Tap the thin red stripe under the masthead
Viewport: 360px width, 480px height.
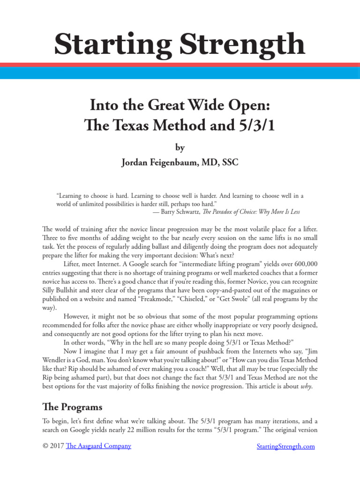point(180,65)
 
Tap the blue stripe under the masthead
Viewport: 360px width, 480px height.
point(180,73)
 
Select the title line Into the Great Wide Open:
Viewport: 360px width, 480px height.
point(180,105)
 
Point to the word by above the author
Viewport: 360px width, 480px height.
point(180,148)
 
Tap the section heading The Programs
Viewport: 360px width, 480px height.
point(72,406)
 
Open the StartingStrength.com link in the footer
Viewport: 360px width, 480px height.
point(286,446)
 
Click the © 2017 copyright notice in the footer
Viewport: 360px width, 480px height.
point(53,446)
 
